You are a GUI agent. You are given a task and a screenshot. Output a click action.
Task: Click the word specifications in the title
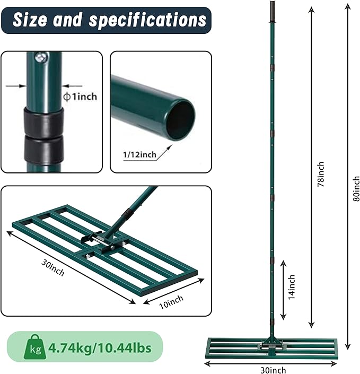click(x=147, y=20)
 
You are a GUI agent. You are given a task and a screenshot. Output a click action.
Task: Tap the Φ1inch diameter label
click(x=80, y=97)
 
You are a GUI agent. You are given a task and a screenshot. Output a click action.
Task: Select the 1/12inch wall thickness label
click(x=139, y=154)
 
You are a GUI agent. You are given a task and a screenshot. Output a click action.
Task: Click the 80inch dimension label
click(x=356, y=189)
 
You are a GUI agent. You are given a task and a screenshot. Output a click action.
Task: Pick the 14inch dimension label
click(x=292, y=287)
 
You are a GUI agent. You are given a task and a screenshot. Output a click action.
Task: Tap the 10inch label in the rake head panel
click(x=171, y=302)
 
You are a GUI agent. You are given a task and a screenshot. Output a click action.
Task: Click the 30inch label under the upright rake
click(x=273, y=370)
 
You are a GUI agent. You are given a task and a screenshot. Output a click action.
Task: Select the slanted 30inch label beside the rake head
click(x=53, y=267)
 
